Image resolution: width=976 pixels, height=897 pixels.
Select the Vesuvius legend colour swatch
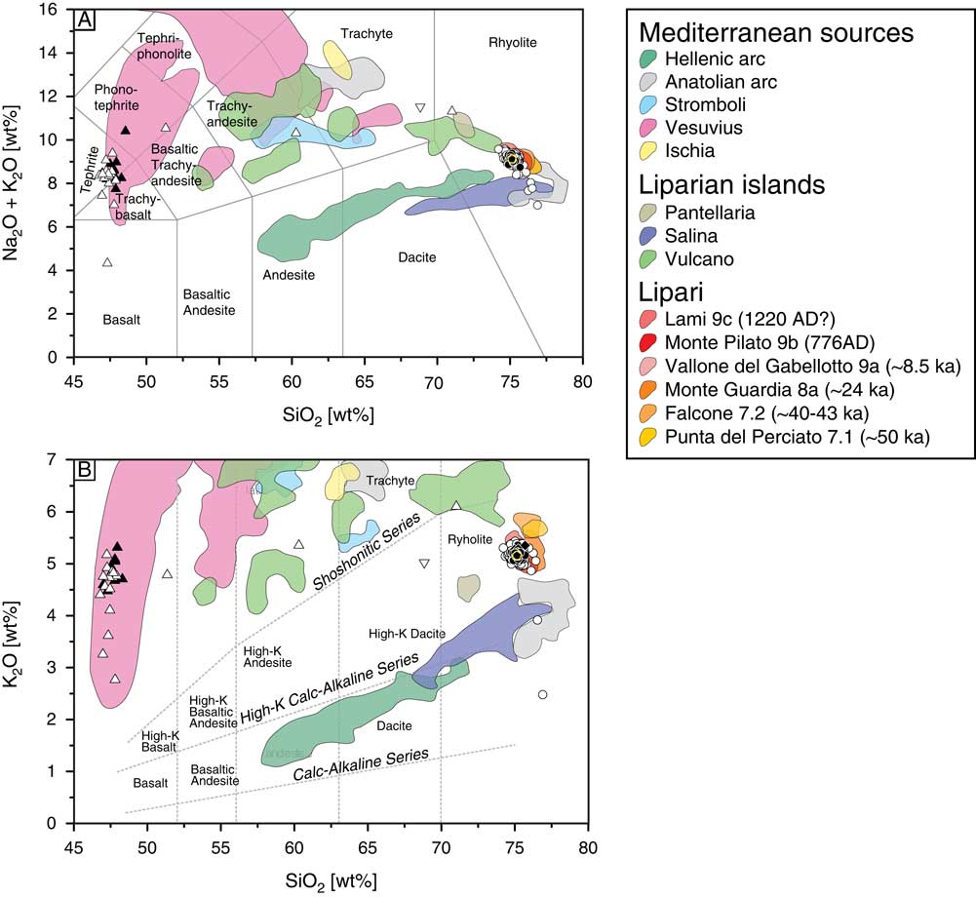click(644, 129)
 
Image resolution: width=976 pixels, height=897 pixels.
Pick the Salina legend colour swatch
click(644, 236)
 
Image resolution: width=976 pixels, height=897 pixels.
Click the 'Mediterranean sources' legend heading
click(775, 32)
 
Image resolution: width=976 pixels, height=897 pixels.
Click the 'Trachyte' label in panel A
click(367, 33)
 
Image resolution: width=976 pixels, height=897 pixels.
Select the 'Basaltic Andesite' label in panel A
click(210, 302)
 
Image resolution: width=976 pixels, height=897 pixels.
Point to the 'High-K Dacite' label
click(408, 634)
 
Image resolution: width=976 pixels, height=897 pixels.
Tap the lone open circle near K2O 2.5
click(543, 694)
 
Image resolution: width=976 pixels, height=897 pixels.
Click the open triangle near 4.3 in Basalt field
click(107, 261)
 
